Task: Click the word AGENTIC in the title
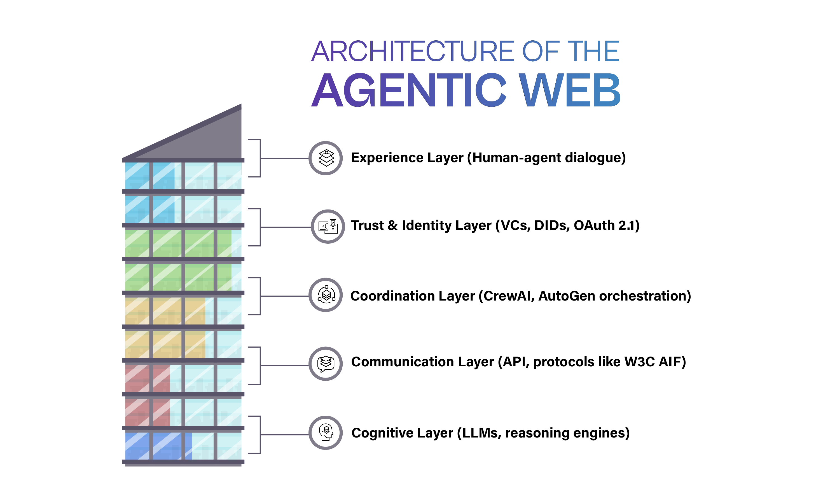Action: click(408, 90)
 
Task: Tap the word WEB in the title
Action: click(569, 90)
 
